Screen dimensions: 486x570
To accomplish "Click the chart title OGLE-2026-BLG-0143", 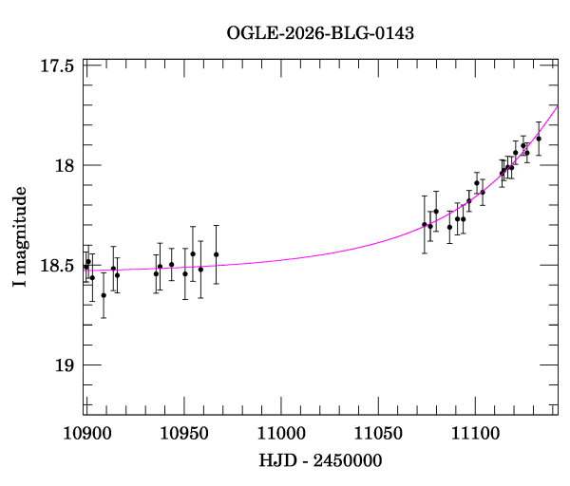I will point(320,33).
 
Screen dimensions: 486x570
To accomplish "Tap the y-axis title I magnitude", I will point(20,237).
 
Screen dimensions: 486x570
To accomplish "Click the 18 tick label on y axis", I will point(66,165).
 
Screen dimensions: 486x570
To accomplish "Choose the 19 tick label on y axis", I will point(66,365).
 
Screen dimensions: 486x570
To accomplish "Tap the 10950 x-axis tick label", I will point(183,434).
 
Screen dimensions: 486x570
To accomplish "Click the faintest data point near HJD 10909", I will point(104,295).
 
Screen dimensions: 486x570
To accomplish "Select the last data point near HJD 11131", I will point(539,139).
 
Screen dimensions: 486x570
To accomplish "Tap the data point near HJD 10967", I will point(217,254).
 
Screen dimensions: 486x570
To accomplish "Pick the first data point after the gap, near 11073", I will point(425,224).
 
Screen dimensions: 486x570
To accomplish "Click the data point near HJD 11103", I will point(483,192).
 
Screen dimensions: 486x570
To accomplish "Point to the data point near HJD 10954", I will point(193,253).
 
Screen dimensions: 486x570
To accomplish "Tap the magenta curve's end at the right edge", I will point(558,106).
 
